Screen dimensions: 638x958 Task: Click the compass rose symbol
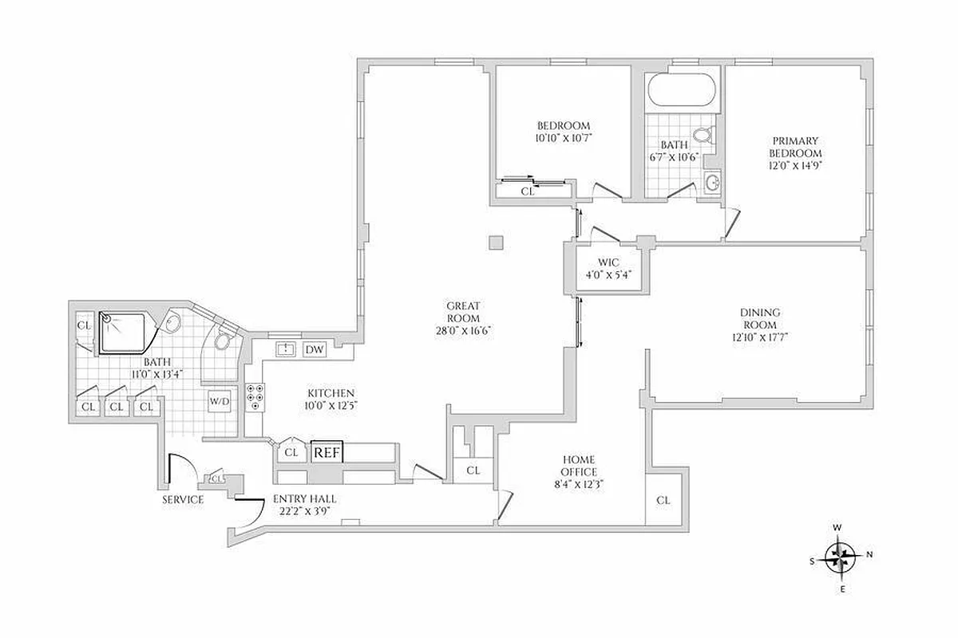pyautogui.click(x=838, y=556)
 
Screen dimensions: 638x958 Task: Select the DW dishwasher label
pyautogui.click(x=315, y=349)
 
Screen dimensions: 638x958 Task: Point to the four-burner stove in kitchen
pyautogui.click(x=256, y=396)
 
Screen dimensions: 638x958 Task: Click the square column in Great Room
pyautogui.click(x=497, y=242)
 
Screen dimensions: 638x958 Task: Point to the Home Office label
pyautogui.click(x=580, y=466)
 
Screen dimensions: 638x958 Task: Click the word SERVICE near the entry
pyautogui.click(x=182, y=500)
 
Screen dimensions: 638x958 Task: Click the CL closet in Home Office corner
pyautogui.click(x=663, y=500)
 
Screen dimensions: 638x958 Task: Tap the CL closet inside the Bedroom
pyautogui.click(x=527, y=191)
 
